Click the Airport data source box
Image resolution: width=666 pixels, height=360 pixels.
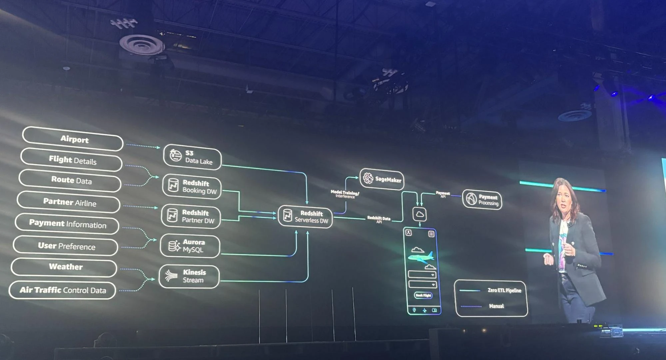(x=73, y=139)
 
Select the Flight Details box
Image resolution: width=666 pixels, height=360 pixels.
(x=72, y=160)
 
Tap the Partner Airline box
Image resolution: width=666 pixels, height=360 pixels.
(x=69, y=202)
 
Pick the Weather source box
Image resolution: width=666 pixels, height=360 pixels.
(x=65, y=267)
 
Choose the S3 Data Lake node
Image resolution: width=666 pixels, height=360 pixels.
(x=192, y=157)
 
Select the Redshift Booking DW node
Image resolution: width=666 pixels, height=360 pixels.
(x=192, y=187)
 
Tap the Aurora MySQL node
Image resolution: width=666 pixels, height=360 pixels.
(x=190, y=246)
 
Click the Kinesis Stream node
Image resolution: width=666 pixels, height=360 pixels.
(x=189, y=276)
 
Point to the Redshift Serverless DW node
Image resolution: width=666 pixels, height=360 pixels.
(x=305, y=216)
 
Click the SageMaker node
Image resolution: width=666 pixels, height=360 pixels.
(x=382, y=179)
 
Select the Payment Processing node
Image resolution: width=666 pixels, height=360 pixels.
(x=482, y=200)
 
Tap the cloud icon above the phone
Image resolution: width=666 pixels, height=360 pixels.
(x=419, y=214)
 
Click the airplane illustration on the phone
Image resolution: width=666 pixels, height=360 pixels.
(x=420, y=257)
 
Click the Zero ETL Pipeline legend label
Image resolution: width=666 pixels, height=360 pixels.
(x=504, y=290)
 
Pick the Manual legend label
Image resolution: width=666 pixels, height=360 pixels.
(x=496, y=306)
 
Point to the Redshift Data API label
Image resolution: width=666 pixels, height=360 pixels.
(x=379, y=219)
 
